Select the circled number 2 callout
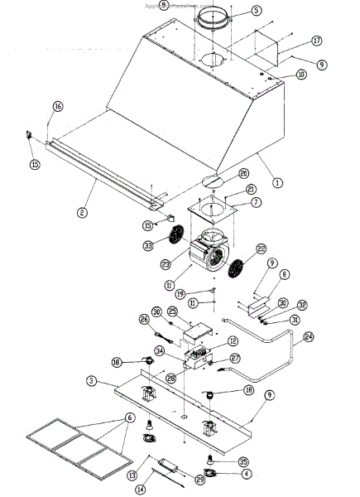(82, 213)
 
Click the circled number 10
(300, 75)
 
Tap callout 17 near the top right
(317, 41)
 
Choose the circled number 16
(57, 106)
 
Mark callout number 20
(242, 173)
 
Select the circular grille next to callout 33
(175, 236)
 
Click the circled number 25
(172, 311)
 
